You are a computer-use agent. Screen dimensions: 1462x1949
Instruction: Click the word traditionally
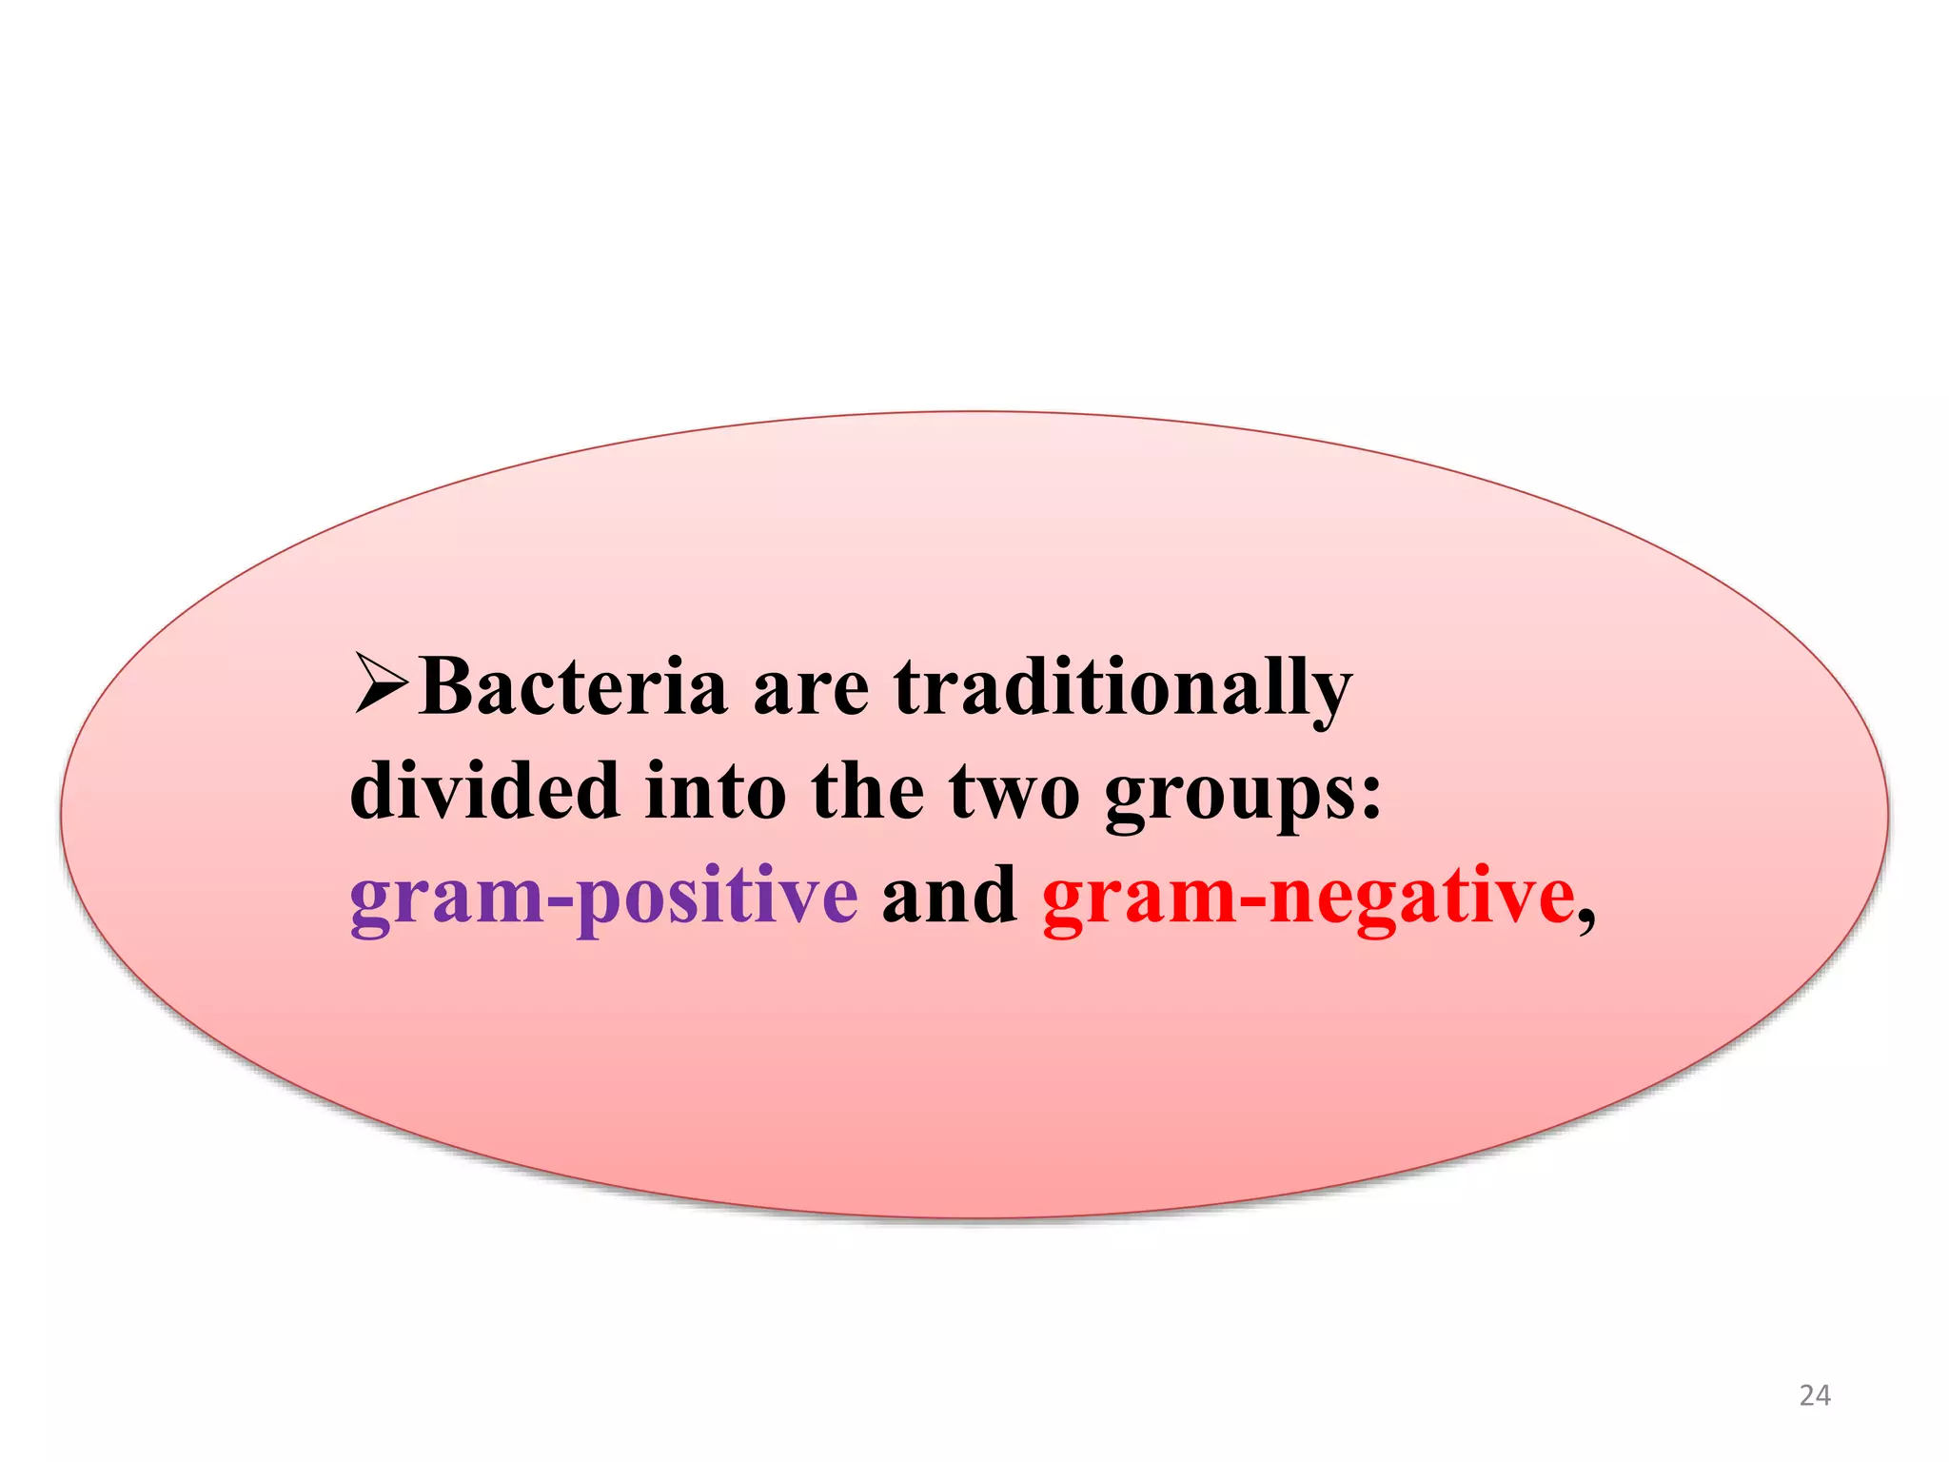pyautogui.click(x=1123, y=687)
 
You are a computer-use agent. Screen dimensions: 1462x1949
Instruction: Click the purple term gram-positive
pyautogui.click(x=603, y=897)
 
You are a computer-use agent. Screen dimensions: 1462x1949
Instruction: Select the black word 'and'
pyautogui.click(x=949, y=895)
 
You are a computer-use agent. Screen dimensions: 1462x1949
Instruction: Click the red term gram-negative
pyautogui.click(x=1309, y=897)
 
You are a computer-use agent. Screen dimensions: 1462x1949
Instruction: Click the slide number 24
pyautogui.click(x=1814, y=1395)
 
